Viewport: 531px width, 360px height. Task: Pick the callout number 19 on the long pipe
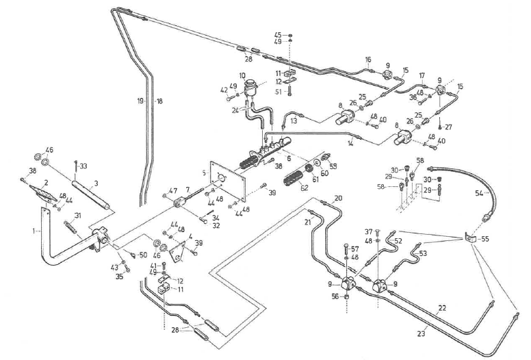pyautogui.click(x=140, y=101)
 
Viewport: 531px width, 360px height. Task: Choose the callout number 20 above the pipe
pyautogui.click(x=338, y=198)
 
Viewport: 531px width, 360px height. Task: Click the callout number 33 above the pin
pyautogui.click(x=83, y=166)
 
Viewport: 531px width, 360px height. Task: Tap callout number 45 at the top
pyautogui.click(x=278, y=34)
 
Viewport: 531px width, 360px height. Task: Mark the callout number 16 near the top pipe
pyautogui.click(x=367, y=60)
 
